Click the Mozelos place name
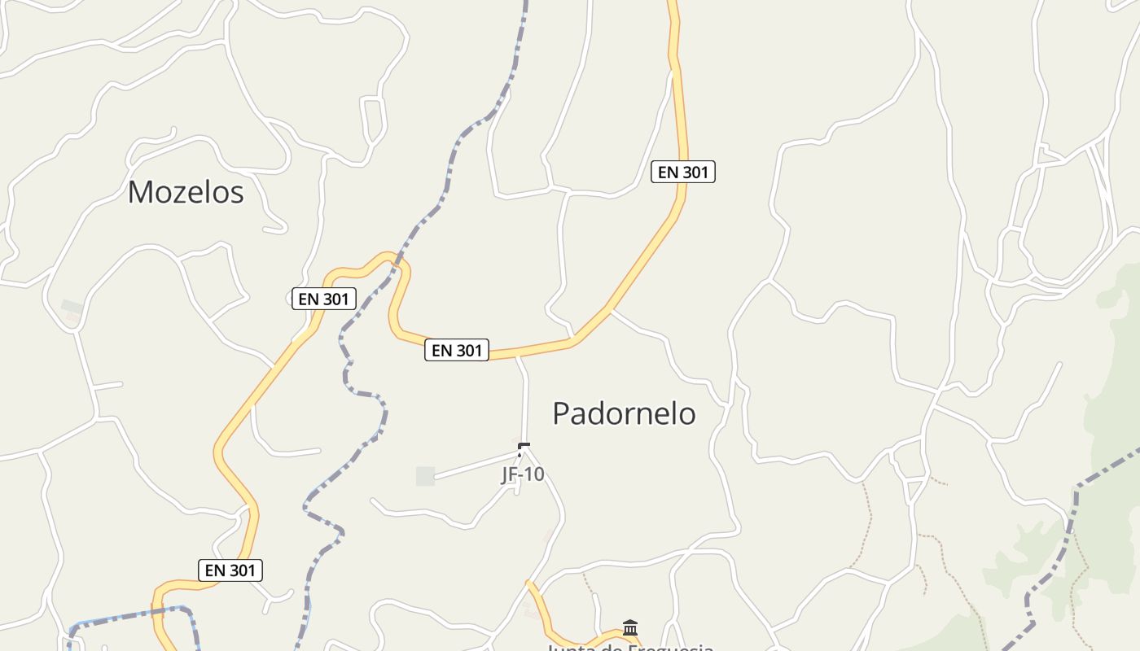coord(186,192)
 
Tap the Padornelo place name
coord(624,413)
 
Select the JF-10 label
coord(522,474)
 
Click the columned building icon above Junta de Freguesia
coord(629,627)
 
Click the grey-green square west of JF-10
coord(425,476)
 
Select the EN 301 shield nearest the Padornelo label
coord(457,351)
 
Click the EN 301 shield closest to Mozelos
coord(323,299)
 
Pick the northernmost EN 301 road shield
coord(683,172)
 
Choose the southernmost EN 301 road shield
coord(230,570)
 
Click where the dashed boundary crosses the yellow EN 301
coord(397,262)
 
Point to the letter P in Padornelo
coord(561,413)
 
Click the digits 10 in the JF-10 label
coord(534,474)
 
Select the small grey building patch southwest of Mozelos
coord(72,307)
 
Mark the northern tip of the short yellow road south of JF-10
coord(529,583)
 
